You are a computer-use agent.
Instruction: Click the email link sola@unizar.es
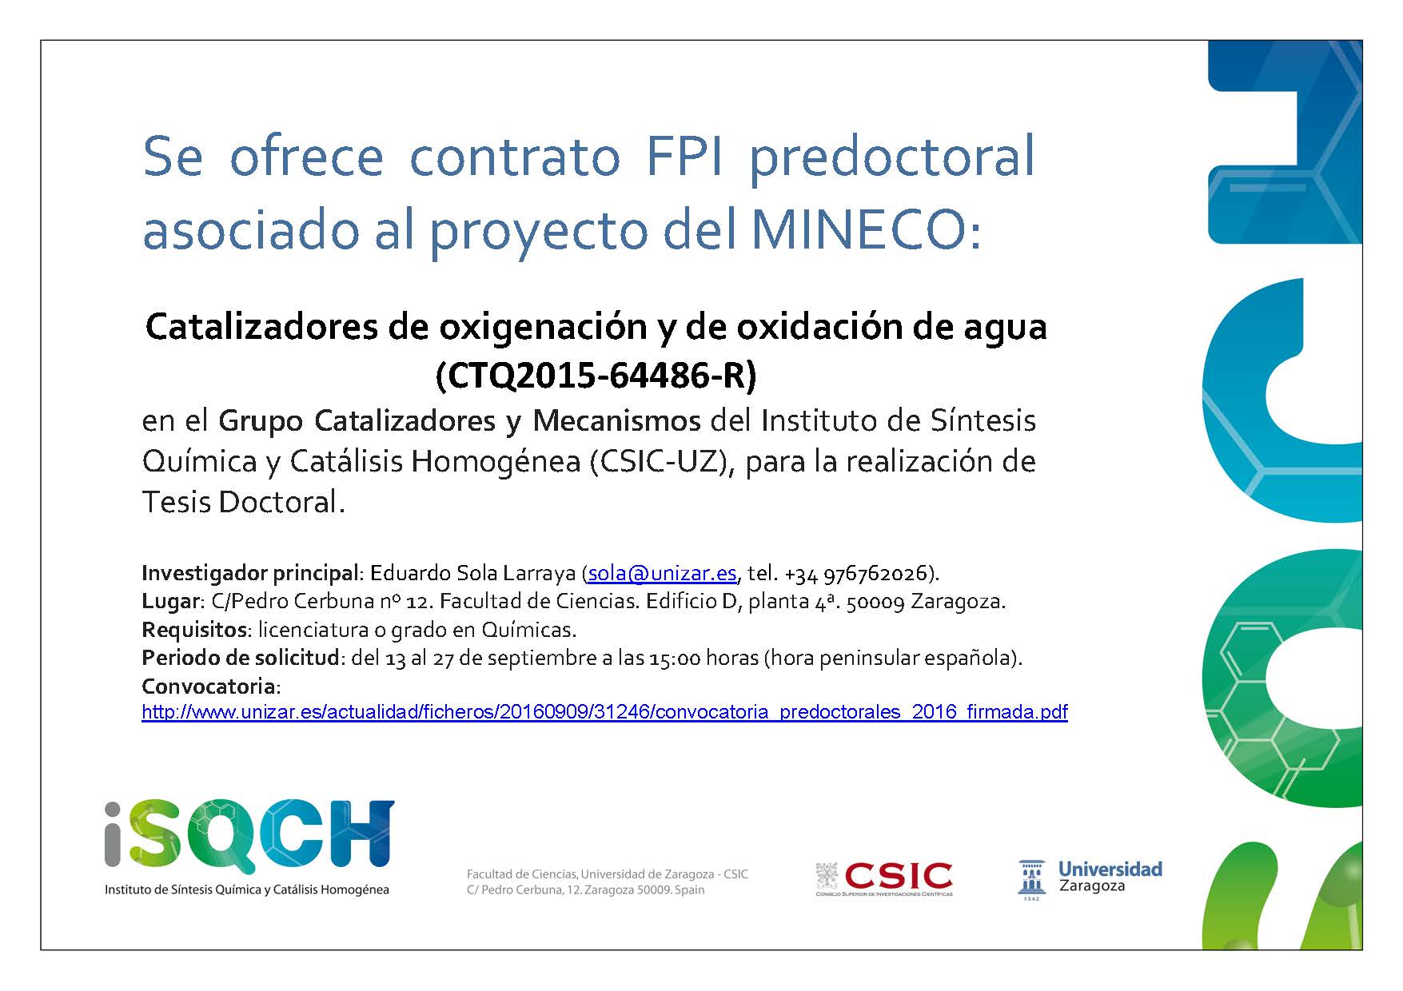pyautogui.click(x=662, y=573)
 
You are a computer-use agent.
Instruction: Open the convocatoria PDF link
pyautogui.click(x=604, y=712)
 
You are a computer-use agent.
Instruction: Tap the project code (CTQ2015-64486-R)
pyautogui.click(x=596, y=375)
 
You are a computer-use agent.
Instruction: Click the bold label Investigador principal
pyautogui.click(x=249, y=573)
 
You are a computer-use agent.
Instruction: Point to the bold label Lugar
pyautogui.click(x=169, y=601)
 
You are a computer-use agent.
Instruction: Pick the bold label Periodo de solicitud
pyautogui.click(x=241, y=658)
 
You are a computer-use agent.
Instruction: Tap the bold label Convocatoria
pyautogui.click(x=209, y=686)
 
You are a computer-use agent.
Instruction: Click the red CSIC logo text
pyautogui.click(x=899, y=876)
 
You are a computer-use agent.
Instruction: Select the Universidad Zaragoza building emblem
pyautogui.click(x=1031, y=879)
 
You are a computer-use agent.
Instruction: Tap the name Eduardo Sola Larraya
pyautogui.click(x=473, y=573)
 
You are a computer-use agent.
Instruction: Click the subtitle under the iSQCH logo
pyautogui.click(x=247, y=890)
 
